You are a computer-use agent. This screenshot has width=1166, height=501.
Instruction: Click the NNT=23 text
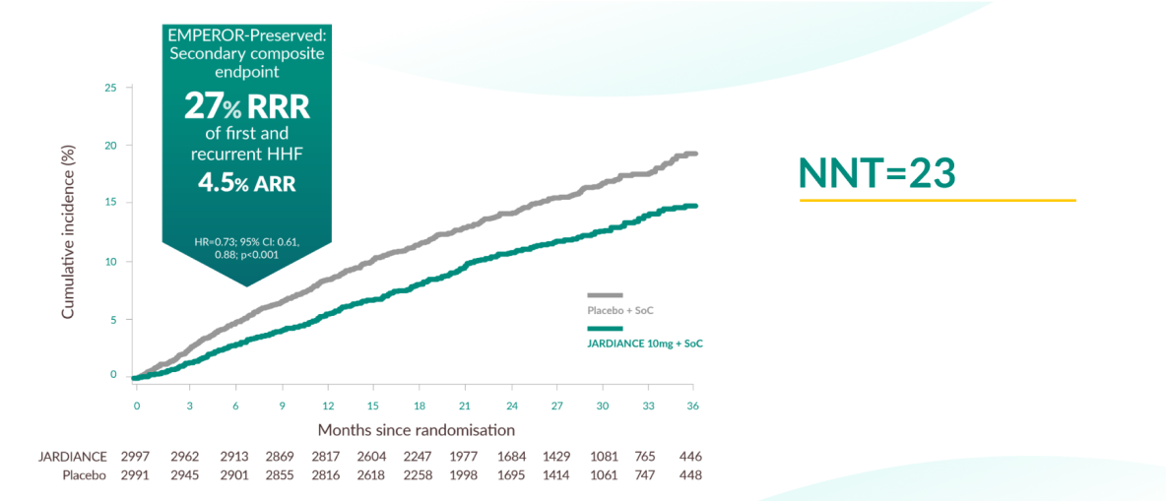pos(876,172)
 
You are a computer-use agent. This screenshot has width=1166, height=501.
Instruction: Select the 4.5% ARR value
pos(246,184)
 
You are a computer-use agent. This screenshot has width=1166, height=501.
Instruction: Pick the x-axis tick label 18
pos(420,405)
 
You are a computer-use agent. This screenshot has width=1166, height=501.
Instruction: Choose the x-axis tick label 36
pos(692,405)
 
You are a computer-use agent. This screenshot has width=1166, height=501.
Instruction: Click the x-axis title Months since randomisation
pos(416,430)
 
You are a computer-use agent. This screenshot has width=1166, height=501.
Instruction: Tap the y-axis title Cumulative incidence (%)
pos(69,230)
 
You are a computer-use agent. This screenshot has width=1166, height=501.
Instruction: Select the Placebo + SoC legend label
pos(620,310)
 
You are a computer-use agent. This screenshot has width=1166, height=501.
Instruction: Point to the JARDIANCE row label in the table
pos(73,457)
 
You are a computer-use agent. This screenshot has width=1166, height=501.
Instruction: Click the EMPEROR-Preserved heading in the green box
pos(246,35)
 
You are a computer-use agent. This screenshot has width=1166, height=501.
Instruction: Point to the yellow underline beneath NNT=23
pos(937,201)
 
